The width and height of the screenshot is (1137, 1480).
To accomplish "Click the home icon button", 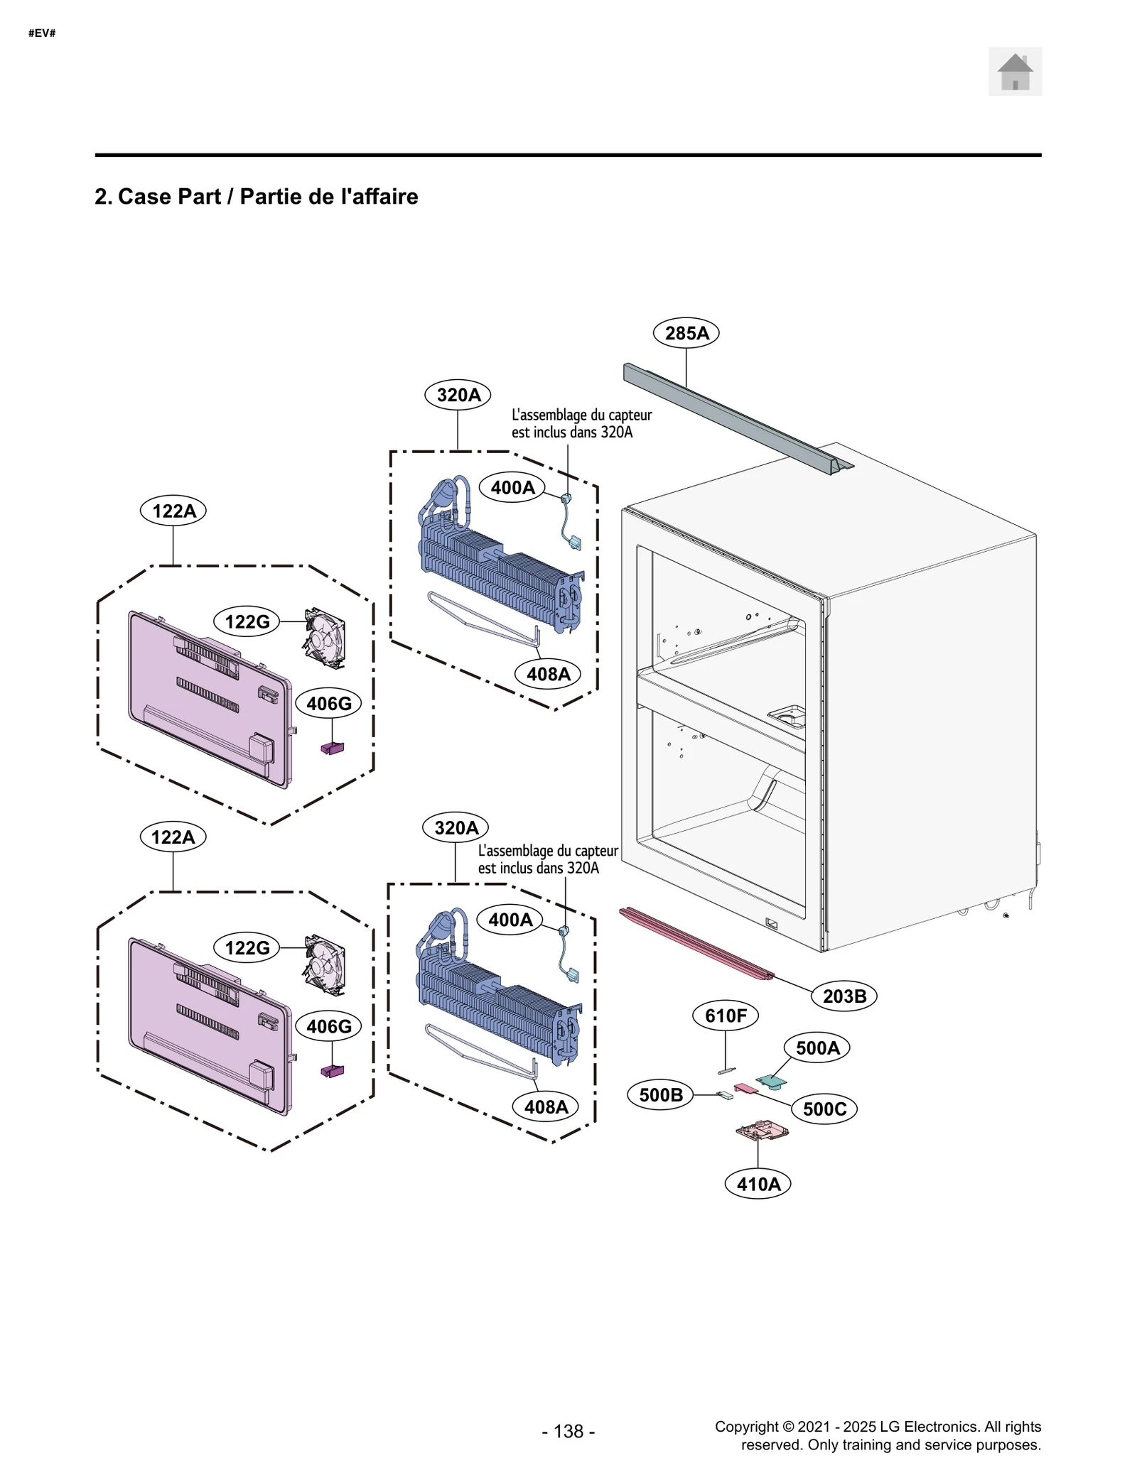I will pyautogui.click(x=1014, y=72).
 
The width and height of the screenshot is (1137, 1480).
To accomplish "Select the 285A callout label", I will pyautogui.click(x=686, y=332).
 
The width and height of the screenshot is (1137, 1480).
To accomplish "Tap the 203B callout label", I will pyautogui.click(x=844, y=996).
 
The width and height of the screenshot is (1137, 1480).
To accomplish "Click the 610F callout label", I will pyautogui.click(x=725, y=1016).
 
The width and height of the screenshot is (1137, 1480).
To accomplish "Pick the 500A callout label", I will pyautogui.click(x=817, y=1048).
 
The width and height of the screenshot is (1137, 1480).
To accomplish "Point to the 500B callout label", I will pyautogui.click(x=660, y=1094).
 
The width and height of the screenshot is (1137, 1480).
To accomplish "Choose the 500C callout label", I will pyautogui.click(x=824, y=1109).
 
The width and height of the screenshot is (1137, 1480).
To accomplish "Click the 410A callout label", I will pyautogui.click(x=758, y=1184).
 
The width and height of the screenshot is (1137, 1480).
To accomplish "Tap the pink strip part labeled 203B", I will pyautogui.click(x=696, y=945).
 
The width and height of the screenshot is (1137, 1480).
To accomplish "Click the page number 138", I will pyautogui.click(x=568, y=1431).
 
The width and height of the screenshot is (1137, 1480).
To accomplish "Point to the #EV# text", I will pyautogui.click(x=42, y=33).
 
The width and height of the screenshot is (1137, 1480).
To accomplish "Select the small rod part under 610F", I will pyautogui.click(x=725, y=1070).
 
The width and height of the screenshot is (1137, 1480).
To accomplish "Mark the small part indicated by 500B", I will pyautogui.click(x=724, y=1095).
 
